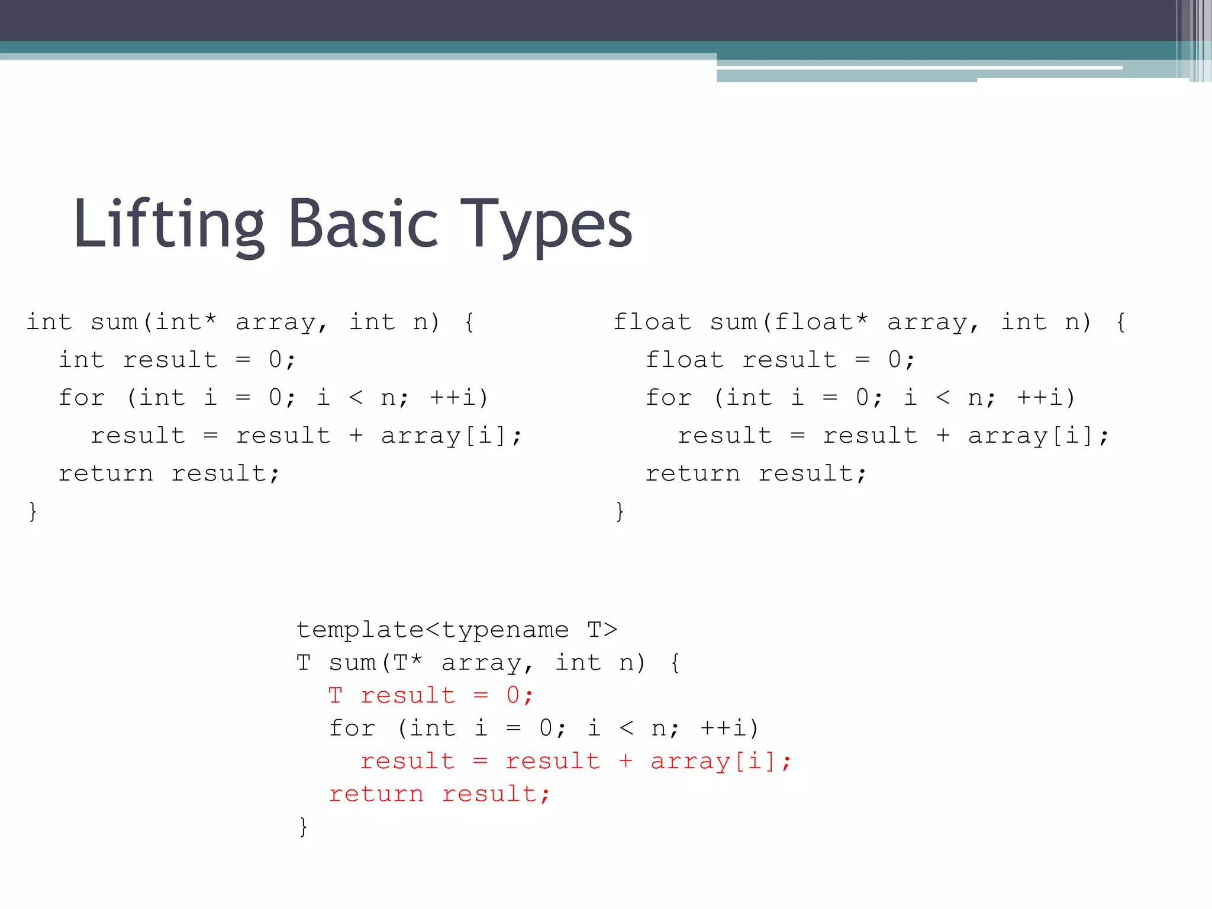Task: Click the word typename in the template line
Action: pyautogui.click(x=505, y=630)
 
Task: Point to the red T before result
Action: pyautogui.click(x=336, y=695)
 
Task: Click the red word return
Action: pyautogui.click(x=376, y=794)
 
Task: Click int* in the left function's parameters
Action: pyautogui.click(x=185, y=323)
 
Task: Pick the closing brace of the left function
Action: pyautogui.click(x=33, y=511)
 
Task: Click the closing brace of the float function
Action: pyautogui.click(x=620, y=511)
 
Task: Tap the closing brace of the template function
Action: pyautogui.click(x=303, y=826)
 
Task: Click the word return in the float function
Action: pyautogui.click(x=692, y=473)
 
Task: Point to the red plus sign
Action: pyautogui.click(x=626, y=761)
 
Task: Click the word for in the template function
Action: pyautogui.click(x=352, y=729)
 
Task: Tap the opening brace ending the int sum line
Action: pyautogui.click(x=469, y=323)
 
